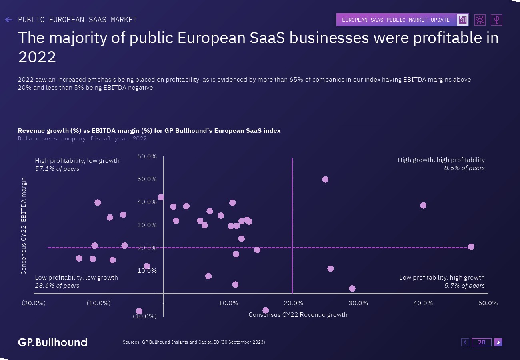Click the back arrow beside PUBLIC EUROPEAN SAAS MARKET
coord(9,20)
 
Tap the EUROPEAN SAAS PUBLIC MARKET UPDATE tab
coord(396,20)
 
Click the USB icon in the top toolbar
coord(496,20)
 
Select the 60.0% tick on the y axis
coord(147,156)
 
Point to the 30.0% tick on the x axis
coord(358,303)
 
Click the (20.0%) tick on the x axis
coord(34,303)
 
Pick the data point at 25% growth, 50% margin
coord(325,179)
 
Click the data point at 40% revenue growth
coord(423,206)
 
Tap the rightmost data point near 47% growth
coord(471,247)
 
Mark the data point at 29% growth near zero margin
coord(352,288)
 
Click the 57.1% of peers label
coord(57,169)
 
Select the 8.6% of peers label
coord(464,168)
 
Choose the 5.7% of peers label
coord(464,286)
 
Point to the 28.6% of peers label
coord(57,286)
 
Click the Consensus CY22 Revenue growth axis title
coord(298,315)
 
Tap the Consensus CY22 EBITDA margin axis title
coord(24,226)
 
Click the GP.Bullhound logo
coord(52,342)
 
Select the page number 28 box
coord(482,342)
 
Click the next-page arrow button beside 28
coord(498,342)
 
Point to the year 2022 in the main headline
coord(37,57)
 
